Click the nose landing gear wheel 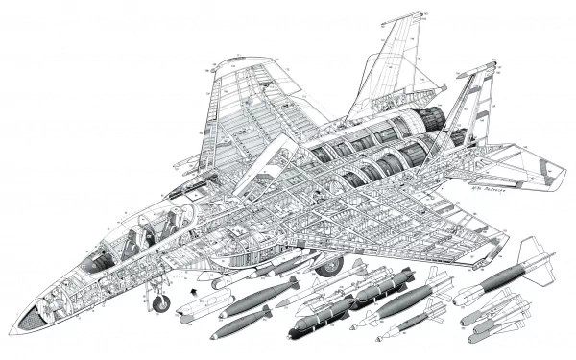click(x=161, y=302)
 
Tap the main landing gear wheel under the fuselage click(x=329, y=262)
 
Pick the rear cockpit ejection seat click(x=172, y=223)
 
